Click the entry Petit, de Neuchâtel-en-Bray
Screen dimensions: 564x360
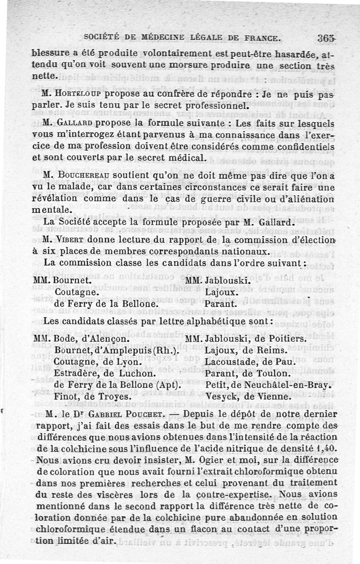(x=268, y=386)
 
